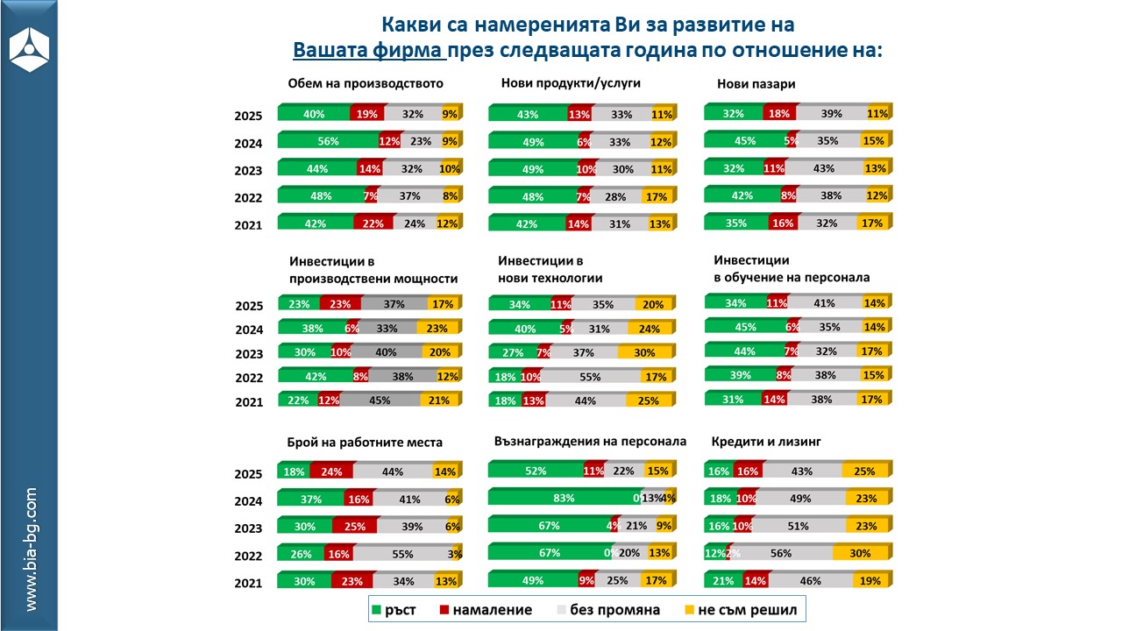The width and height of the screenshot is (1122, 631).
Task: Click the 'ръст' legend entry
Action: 401,609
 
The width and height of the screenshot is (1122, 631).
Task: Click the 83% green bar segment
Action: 563,498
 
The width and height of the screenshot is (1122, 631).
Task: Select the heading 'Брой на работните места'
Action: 365,442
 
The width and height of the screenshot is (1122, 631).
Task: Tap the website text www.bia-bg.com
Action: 31,549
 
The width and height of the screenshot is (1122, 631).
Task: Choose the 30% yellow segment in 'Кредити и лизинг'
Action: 859,554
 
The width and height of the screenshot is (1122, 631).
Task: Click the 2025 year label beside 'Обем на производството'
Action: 248,115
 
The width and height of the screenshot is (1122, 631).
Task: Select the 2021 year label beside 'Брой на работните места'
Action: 248,583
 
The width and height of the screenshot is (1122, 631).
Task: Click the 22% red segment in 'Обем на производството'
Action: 373,223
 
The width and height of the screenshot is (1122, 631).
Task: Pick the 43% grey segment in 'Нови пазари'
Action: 823,168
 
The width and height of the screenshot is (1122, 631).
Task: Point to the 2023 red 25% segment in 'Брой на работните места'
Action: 354,527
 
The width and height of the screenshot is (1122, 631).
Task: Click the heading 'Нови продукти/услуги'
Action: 571,84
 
